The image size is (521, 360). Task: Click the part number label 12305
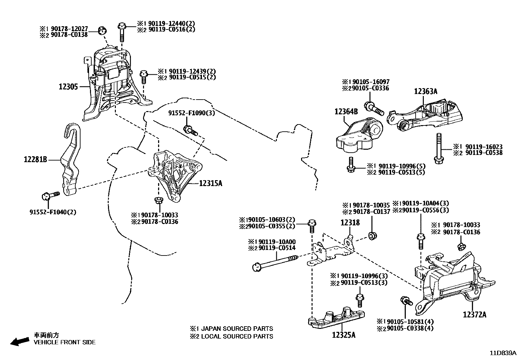coord(68,86)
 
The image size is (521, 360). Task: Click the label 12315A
coord(210,183)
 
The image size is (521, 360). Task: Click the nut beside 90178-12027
coord(102,30)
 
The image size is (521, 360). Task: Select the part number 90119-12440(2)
coord(171,23)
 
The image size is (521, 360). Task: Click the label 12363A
coord(425,91)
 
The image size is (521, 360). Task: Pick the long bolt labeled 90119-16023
coord(439,147)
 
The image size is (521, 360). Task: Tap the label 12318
coord(350,222)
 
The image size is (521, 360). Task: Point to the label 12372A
coord(474,314)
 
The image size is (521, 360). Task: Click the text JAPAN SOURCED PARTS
coord(237,328)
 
